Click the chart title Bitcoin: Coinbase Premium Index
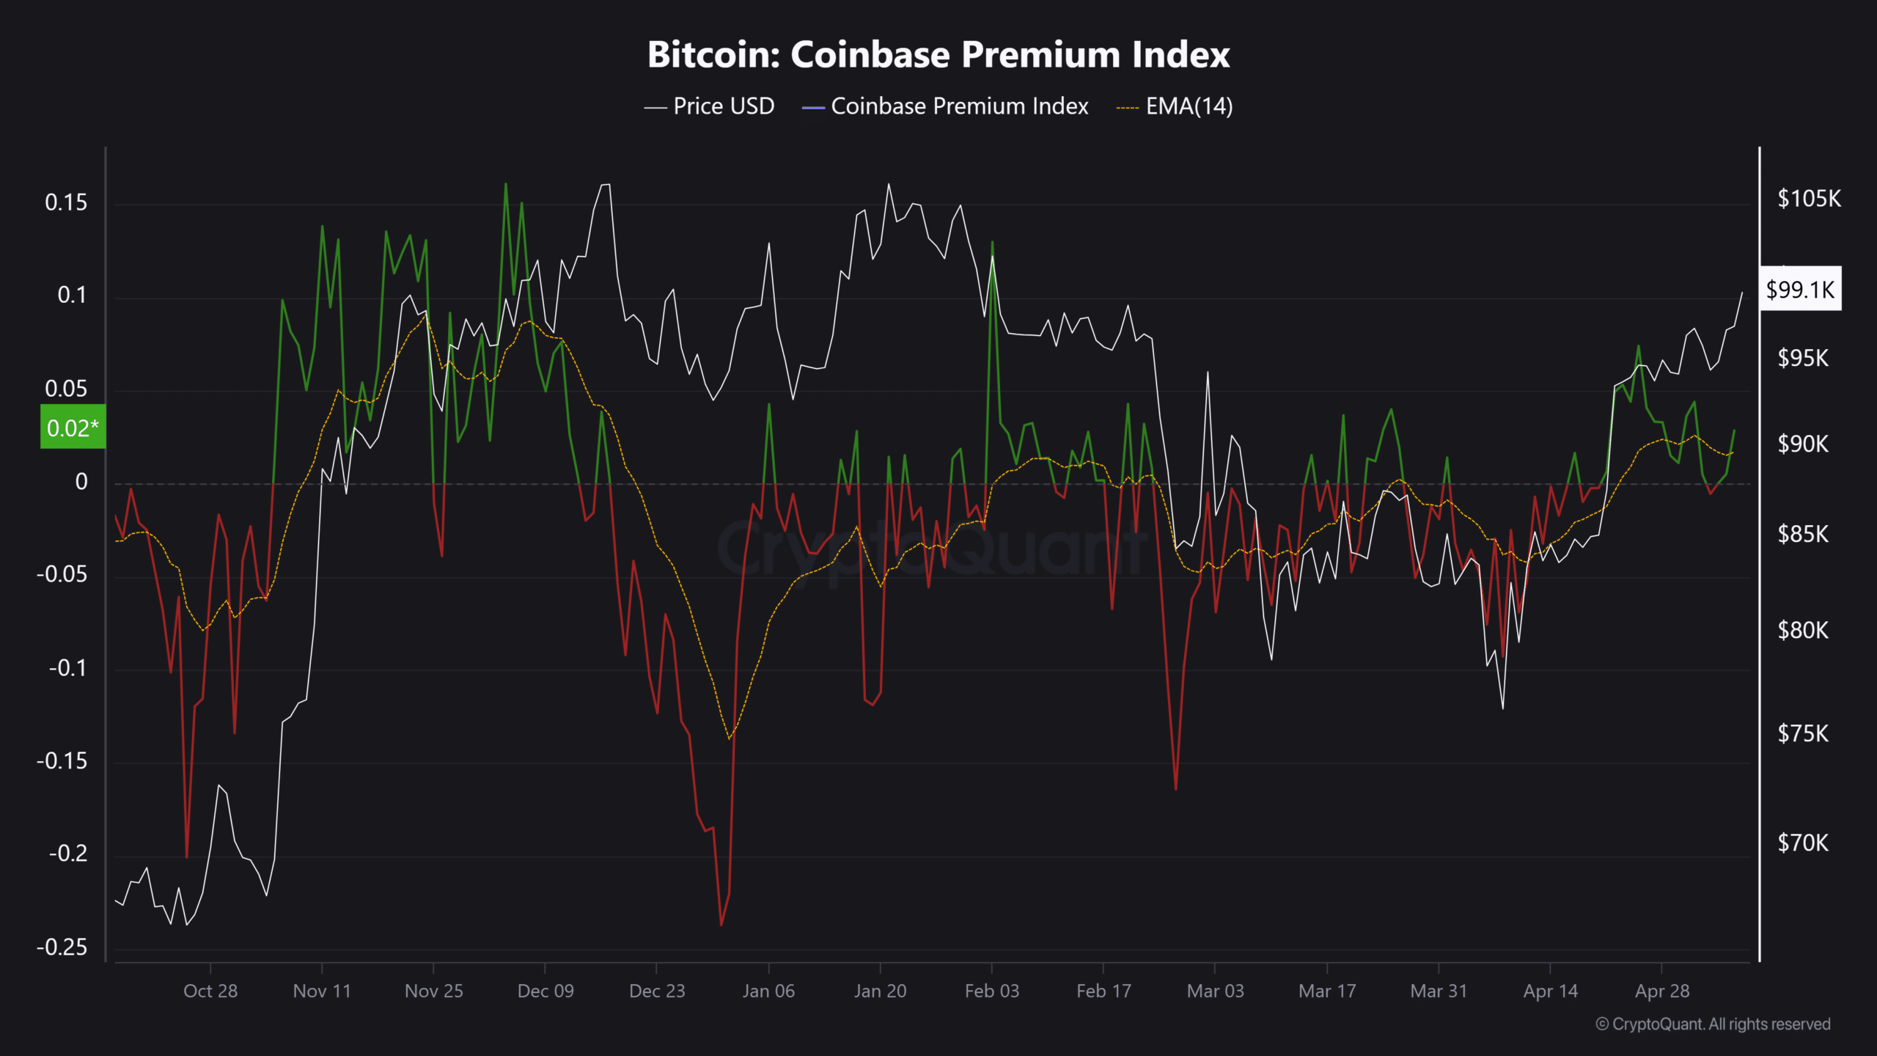coord(938,55)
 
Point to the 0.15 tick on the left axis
coord(66,202)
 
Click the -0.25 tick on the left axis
coord(62,947)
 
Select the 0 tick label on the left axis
coord(81,482)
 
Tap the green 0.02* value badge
coord(73,427)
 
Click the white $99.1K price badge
coord(1800,289)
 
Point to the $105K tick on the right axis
coord(1809,198)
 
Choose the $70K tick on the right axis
coord(1803,843)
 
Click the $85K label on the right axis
coord(1803,534)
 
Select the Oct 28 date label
coord(210,991)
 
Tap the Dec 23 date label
coord(657,991)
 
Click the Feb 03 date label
coord(992,991)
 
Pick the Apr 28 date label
coord(1662,991)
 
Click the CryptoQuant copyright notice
coord(1713,1024)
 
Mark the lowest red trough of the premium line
coord(721,924)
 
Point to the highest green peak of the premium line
coord(506,184)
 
